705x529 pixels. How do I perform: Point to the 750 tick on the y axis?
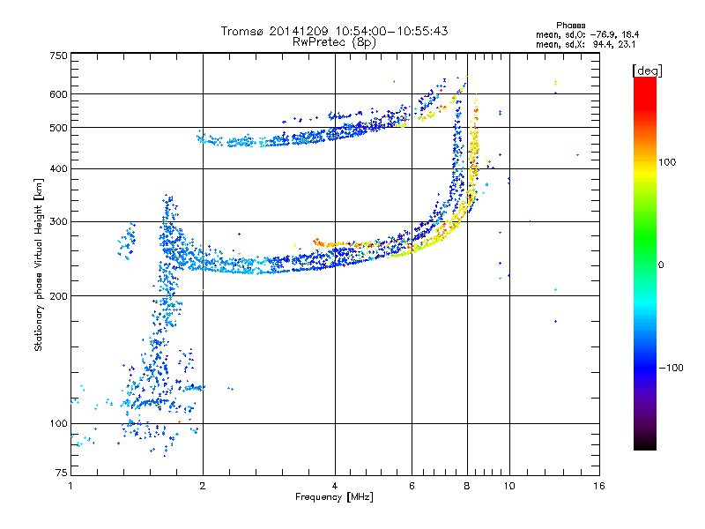(58, 56)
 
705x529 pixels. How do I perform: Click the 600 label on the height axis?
(58, 93)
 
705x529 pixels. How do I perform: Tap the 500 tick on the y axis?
(58, 127)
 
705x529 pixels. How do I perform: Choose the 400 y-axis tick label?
(58, 168)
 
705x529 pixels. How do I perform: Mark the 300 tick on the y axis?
(58, 221)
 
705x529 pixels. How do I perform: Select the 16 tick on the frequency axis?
(598, 486)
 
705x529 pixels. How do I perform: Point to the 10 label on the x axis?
(508, 486)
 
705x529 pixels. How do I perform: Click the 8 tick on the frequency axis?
(467, 486)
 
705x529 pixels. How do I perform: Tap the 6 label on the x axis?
(412, 486)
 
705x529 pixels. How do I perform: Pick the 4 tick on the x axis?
(335, 486)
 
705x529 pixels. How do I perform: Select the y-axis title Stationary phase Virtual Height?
(39, 264)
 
